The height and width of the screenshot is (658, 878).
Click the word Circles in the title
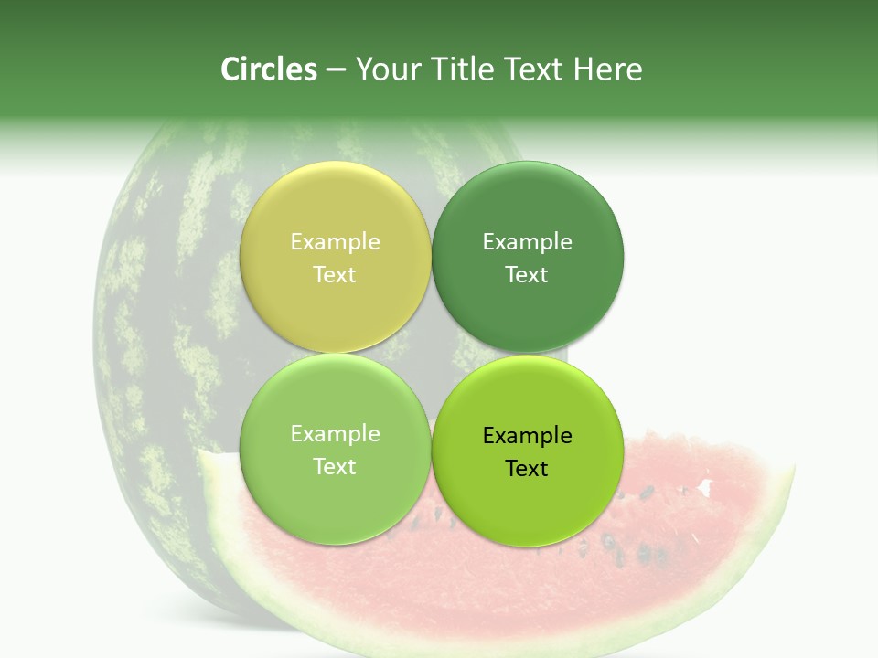268,69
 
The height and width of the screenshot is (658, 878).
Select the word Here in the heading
607,69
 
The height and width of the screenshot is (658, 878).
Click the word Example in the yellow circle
335,241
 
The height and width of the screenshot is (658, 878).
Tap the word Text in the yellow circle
335,274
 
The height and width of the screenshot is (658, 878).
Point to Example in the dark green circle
528,241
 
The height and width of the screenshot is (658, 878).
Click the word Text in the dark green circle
528,274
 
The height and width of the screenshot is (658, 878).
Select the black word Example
528,435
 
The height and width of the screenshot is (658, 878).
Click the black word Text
528,468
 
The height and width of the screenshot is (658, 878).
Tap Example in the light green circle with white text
335,433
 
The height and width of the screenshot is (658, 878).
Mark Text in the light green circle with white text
335,466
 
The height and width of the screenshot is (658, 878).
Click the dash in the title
336,70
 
